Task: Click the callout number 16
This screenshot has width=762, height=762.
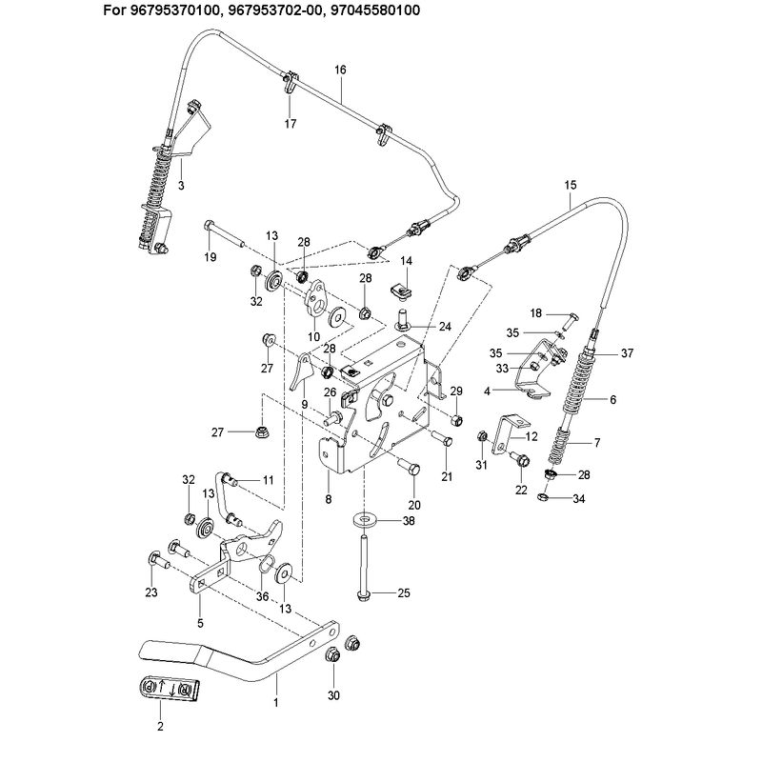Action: (340, 70)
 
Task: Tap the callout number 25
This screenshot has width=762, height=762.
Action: (404, 592)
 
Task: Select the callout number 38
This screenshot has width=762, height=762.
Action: (409, 521)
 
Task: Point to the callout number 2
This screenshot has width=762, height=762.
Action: (160, 726)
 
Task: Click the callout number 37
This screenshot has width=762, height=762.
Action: (628, 353)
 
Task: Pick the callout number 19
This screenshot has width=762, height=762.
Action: (211, 257)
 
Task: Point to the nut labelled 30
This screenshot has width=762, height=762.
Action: (332, 654)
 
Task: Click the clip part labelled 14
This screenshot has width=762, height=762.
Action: (401, 291)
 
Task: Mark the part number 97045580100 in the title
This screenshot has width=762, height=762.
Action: (374, 10)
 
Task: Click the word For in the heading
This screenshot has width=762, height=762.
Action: (114, 10)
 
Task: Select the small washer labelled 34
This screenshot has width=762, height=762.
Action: (542, 496)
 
